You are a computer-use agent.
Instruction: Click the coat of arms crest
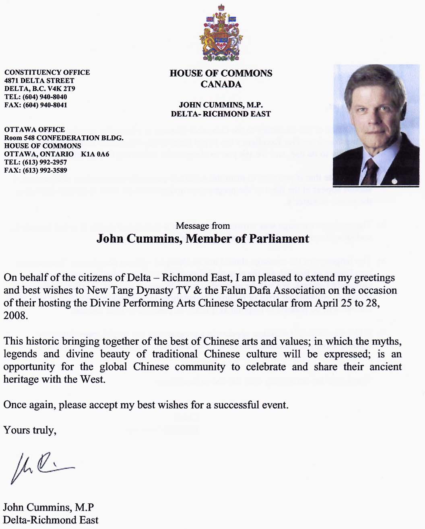220,34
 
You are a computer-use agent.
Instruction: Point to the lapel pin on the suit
395,182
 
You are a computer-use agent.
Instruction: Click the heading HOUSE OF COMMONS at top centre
221,73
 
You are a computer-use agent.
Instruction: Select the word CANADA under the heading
221,85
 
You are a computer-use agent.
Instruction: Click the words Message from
203,226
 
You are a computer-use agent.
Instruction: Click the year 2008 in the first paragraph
14,315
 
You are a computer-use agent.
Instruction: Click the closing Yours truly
29,430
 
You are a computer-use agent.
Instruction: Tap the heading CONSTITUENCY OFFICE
47,72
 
